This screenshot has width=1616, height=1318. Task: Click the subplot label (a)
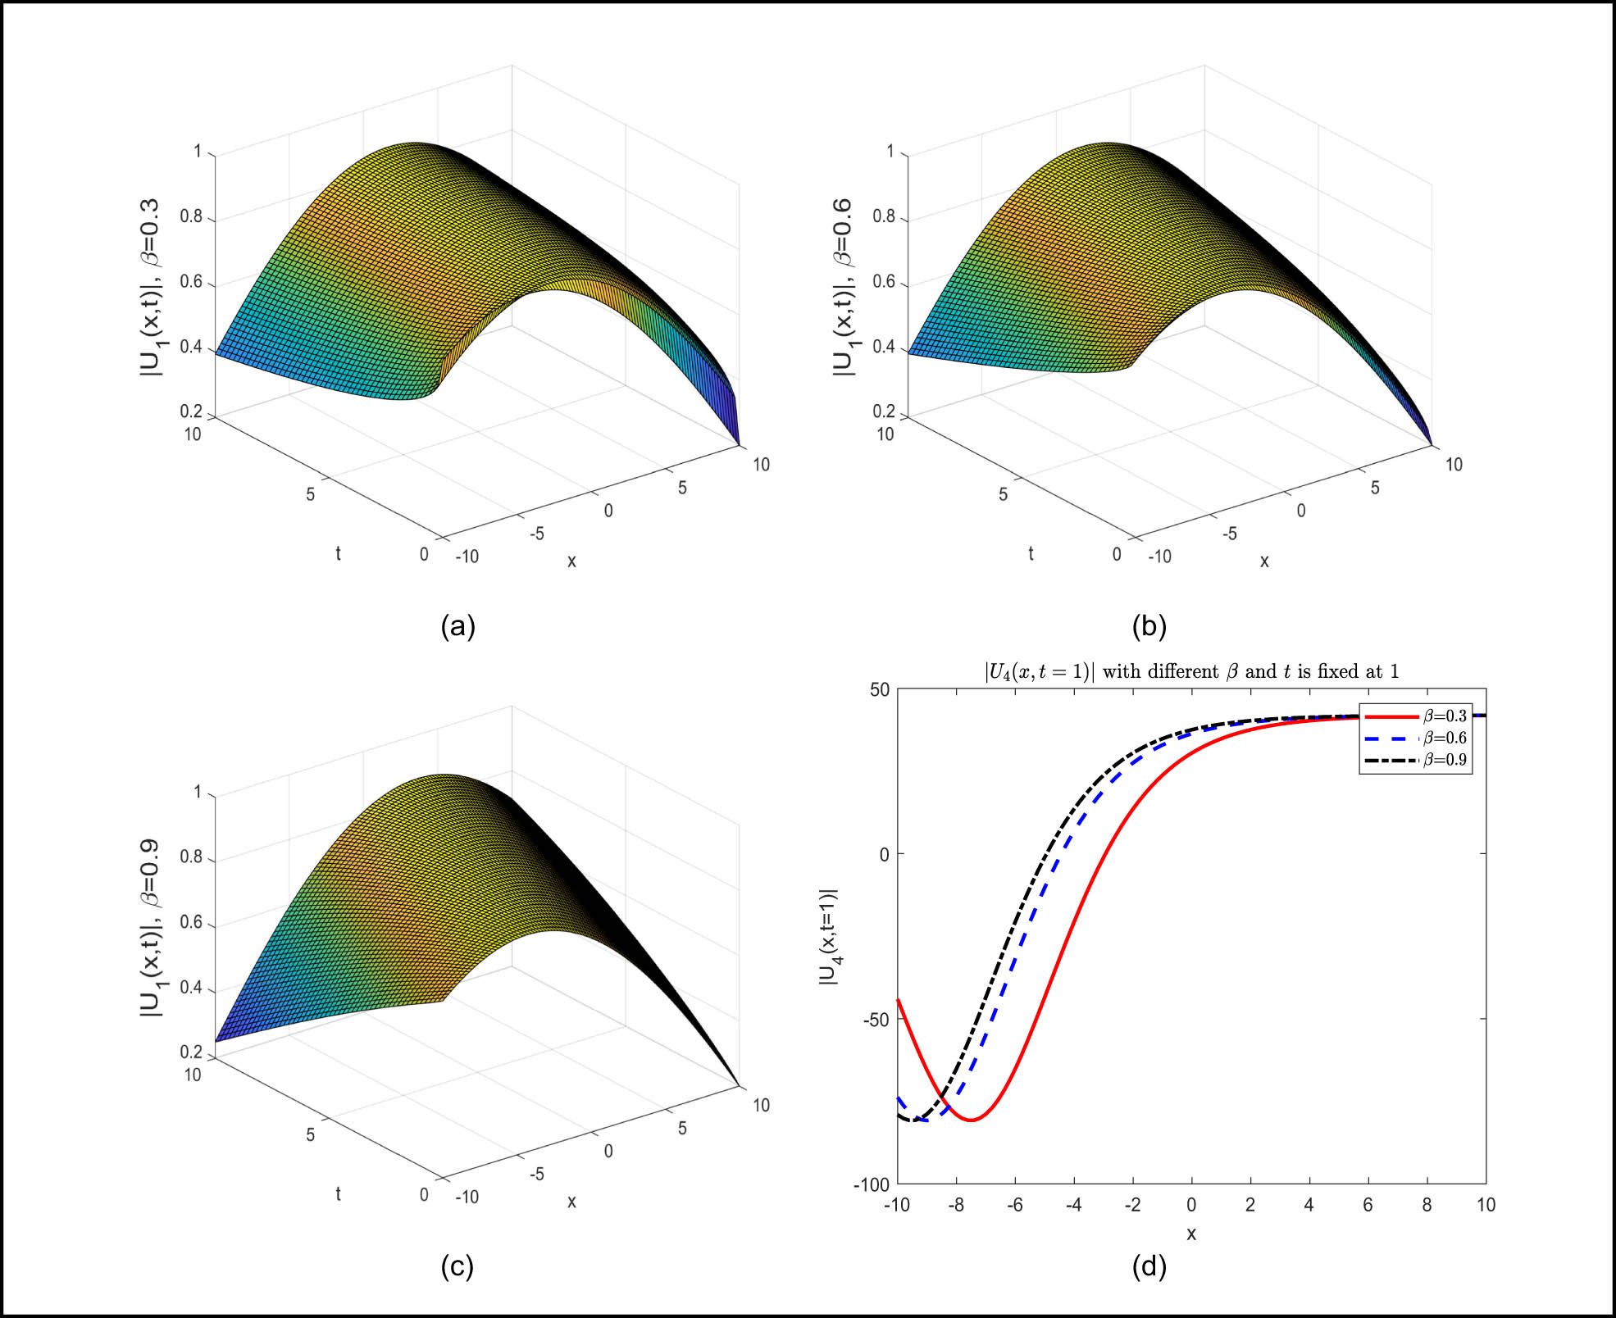[x=457, y=627]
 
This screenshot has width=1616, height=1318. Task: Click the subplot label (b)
[x=1149, y=627]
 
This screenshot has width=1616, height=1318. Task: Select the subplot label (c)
[x=457, y=1267]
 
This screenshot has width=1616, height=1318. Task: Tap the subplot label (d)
[x=1149, y=1267]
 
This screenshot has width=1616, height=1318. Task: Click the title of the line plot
[x=1191, y=672]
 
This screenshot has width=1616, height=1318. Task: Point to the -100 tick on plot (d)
[x=872, y=1184]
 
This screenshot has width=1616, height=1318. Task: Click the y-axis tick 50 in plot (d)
[x=880, y=689]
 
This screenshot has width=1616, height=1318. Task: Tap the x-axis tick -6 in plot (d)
[x=1015, y=1205]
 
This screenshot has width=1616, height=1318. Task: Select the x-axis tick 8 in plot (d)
[x=1427, y=1205]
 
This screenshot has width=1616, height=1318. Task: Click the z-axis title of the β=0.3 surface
[x=151, y=289]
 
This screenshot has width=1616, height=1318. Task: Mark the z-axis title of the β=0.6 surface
[x=843, y=289]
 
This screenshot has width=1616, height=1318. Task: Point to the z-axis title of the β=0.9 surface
[x=151, y=929]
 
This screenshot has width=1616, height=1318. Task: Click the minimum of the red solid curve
[x=972, y=1120]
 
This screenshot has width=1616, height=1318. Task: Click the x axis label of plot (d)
[x=1191, y=1234]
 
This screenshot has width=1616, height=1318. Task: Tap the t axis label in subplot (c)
[x=338, y=1194]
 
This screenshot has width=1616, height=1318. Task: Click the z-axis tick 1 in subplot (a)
[x=198, y=152]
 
